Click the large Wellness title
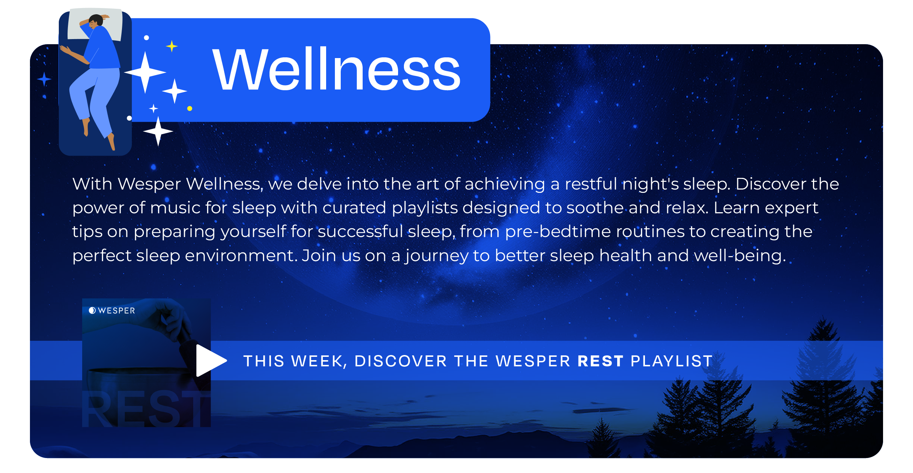click(x=336, y=69)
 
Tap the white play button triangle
click(x=210, y=361)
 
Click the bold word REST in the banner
click(x=600, y=361)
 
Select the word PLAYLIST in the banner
click(x=672, y=361)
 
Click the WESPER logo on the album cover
click(x=112, y=310)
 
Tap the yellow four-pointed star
click(x=172, y=46)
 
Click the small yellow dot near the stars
click(x=190, y=108)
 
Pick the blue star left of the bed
click(x=44, y=79)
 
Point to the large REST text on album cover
click(x=146, y=409)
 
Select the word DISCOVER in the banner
click(x=401, y=361)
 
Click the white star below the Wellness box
click(x=158, y=131)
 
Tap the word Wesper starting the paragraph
click(x=149, y=184)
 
